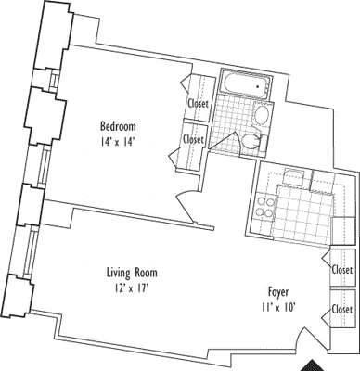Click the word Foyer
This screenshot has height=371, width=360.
point(277,289)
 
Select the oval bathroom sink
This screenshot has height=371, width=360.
point(263,117)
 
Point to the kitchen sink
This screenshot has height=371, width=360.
point(294,178)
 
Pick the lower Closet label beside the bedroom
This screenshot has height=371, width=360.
point(193,139)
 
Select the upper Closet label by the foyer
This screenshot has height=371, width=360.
point(341,270)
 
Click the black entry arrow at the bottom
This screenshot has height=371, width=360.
point(318,365)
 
